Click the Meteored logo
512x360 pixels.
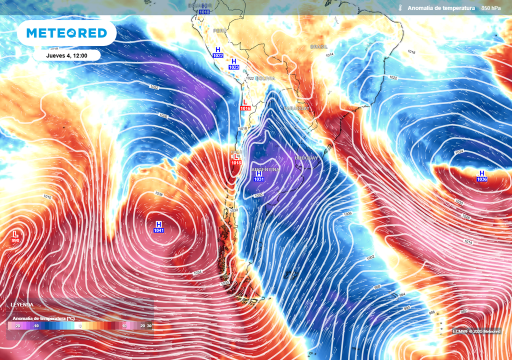point(66,33)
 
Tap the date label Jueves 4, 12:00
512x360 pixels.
point(66,55)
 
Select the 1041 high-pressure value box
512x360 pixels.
point(159,230)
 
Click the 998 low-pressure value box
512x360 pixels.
point(15,241)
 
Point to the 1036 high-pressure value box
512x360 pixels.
point(482,179)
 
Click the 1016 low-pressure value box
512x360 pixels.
point(245,108)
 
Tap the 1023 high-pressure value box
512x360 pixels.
point(233,67)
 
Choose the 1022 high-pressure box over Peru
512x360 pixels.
point(217,56)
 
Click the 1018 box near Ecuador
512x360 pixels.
point(204,11)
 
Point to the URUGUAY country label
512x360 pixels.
point(306,158)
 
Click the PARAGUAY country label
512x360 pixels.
point(297,108)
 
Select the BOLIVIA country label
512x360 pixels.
point(265,78)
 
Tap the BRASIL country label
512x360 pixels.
point(318,46)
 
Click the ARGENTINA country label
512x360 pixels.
point(265,170)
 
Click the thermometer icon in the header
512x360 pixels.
point(400,8)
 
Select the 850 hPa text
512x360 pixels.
point(490,8)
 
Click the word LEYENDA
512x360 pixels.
point(22,304)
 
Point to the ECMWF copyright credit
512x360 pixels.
point(476,331)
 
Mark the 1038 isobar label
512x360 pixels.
point(159,194)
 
